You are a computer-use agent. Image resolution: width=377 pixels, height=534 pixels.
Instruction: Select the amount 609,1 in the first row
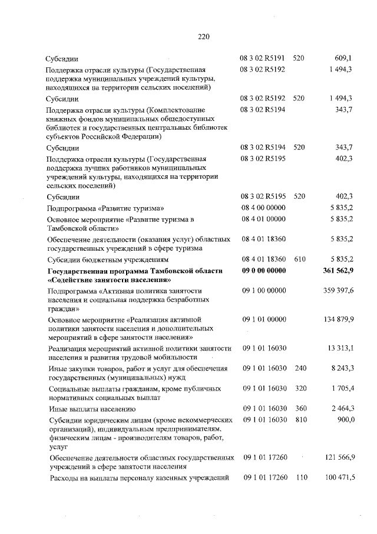[343, 59]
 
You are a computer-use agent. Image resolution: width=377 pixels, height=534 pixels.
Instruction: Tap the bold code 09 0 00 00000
[263, 271]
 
